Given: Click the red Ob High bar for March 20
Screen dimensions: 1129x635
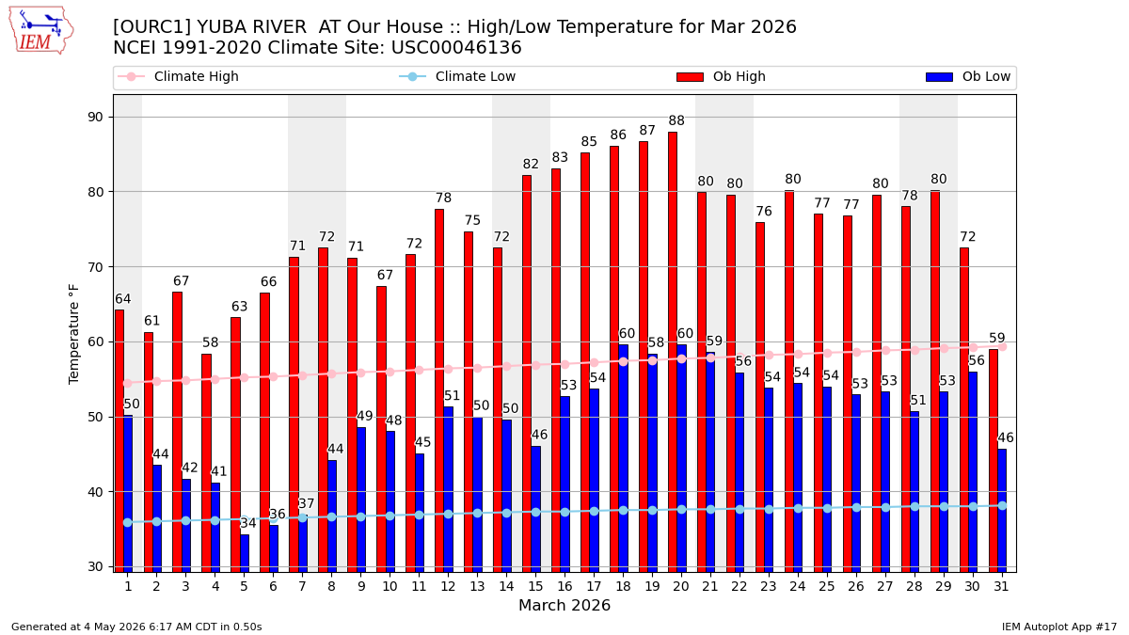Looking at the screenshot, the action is click(673, 352).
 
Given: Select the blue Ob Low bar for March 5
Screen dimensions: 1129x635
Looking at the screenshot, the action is click(245, 553).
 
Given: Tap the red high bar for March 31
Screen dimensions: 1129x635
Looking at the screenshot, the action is click(993, 461).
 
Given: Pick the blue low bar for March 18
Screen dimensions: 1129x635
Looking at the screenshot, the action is click(624, 458).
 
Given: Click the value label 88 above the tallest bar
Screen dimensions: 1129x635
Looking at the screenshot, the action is click(676, 121).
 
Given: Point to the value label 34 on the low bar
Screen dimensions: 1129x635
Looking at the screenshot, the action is click(248, 524).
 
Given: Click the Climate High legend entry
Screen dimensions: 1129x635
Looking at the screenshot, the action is click(178, 76).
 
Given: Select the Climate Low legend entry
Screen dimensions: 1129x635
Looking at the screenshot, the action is click(457, 76).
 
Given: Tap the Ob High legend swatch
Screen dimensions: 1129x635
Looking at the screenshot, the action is click(690, 77).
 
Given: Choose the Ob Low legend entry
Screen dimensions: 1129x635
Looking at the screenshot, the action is click(968, 76).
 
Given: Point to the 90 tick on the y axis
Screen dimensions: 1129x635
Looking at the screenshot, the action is click(95, 117).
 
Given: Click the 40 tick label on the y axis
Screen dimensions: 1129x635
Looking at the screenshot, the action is click(95, 492).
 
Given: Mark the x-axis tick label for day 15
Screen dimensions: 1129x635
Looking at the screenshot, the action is click(535, 587).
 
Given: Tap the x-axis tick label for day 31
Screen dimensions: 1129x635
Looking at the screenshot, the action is click(1001, 587).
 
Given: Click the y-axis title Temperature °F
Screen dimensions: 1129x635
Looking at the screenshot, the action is click(73, 335).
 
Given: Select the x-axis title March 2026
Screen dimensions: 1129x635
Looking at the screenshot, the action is click(564, 605).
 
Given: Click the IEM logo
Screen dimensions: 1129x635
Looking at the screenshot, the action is click(41, 31).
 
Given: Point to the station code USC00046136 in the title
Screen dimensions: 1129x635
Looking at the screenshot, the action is click(456, 48).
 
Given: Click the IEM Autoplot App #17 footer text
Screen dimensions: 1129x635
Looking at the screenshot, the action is click(1059, 627).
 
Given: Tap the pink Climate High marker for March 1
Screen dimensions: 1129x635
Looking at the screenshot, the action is click(128, 384).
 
